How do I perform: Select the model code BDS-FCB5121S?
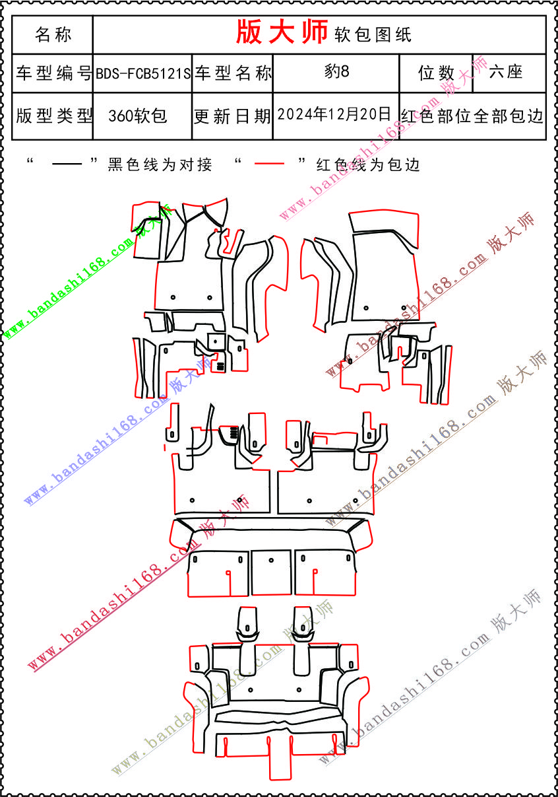click(x=143, y=73)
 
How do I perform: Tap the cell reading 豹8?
click(x=336, y=71)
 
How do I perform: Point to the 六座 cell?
click(x=505, y=72)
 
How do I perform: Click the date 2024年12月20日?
click(x=334, y=114)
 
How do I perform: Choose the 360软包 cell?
click(x=138, y=116)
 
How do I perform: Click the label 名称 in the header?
click(x=53, y=34)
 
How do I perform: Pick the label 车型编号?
click(x=53, y=73)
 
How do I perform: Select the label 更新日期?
click(x=232, y=116)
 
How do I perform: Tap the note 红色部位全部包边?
click(x=472, y=116)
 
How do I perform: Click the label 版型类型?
click(x=53, y=116)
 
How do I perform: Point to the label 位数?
click(x=436, y=73)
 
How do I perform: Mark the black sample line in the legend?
click(x=67, y=164)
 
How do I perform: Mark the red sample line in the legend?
click(x=269, y=164)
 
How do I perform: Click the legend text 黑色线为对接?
click(x=160, y=164)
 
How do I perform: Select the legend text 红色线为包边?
click(x=368, y=164)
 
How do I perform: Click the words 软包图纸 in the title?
click(x=373, y=35)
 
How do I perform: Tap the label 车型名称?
click(x=233, y=73)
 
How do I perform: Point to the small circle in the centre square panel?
click(x=271, y=560)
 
